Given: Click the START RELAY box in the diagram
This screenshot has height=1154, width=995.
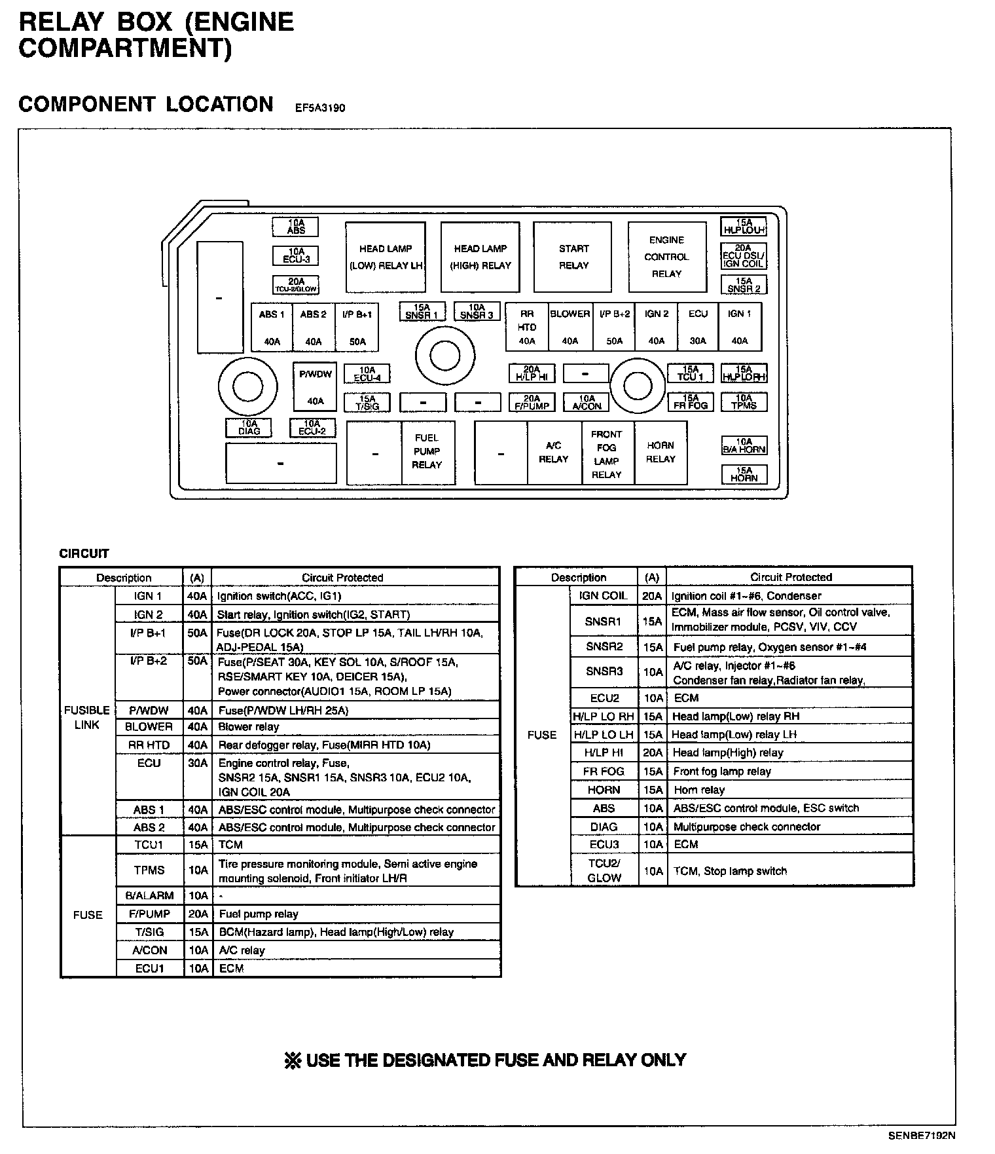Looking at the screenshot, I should click(x=573, y=257).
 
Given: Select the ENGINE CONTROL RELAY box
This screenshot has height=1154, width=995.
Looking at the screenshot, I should click(x=667, y=257).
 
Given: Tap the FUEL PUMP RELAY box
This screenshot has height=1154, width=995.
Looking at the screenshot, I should click(x=427, y=452).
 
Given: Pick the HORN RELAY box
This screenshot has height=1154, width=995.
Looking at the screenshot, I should click(x=660, y=452).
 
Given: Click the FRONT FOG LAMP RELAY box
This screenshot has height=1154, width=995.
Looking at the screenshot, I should click(x=607, y=453).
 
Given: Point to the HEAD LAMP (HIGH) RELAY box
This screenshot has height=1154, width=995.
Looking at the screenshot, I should click(x=480, y=257).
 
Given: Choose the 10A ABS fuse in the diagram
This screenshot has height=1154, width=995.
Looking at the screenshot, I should click(x=296, y=227).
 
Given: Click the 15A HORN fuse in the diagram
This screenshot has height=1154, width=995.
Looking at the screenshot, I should click(x=744, y=474).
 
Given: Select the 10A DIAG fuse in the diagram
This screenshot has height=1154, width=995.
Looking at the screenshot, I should click(x=249, y=428).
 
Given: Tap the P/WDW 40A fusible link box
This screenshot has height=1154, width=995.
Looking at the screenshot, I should click(x=315, y=386).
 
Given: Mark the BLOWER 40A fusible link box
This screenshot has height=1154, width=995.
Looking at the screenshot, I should click(x=570, y=326).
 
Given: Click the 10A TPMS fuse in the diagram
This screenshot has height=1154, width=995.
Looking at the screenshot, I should click(x=744, y=401).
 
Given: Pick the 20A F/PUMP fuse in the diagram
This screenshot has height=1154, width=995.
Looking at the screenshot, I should click(x=532, y=402).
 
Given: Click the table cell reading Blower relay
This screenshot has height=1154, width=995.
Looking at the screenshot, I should click(x=249, y=727).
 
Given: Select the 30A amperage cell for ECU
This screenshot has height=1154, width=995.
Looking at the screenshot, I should click(x=197, y=764).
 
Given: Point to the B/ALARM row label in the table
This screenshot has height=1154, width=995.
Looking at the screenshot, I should click(x=149, y=895).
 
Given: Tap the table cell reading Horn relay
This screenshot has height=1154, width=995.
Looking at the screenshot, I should click(x=699, y=790).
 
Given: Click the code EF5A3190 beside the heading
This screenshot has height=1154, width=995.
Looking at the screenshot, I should click(x=319, y=108).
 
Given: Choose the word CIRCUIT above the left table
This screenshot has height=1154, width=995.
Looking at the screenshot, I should click(x=84, y=553).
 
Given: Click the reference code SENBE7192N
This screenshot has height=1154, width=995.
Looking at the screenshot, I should click(x=921, y=1136).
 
